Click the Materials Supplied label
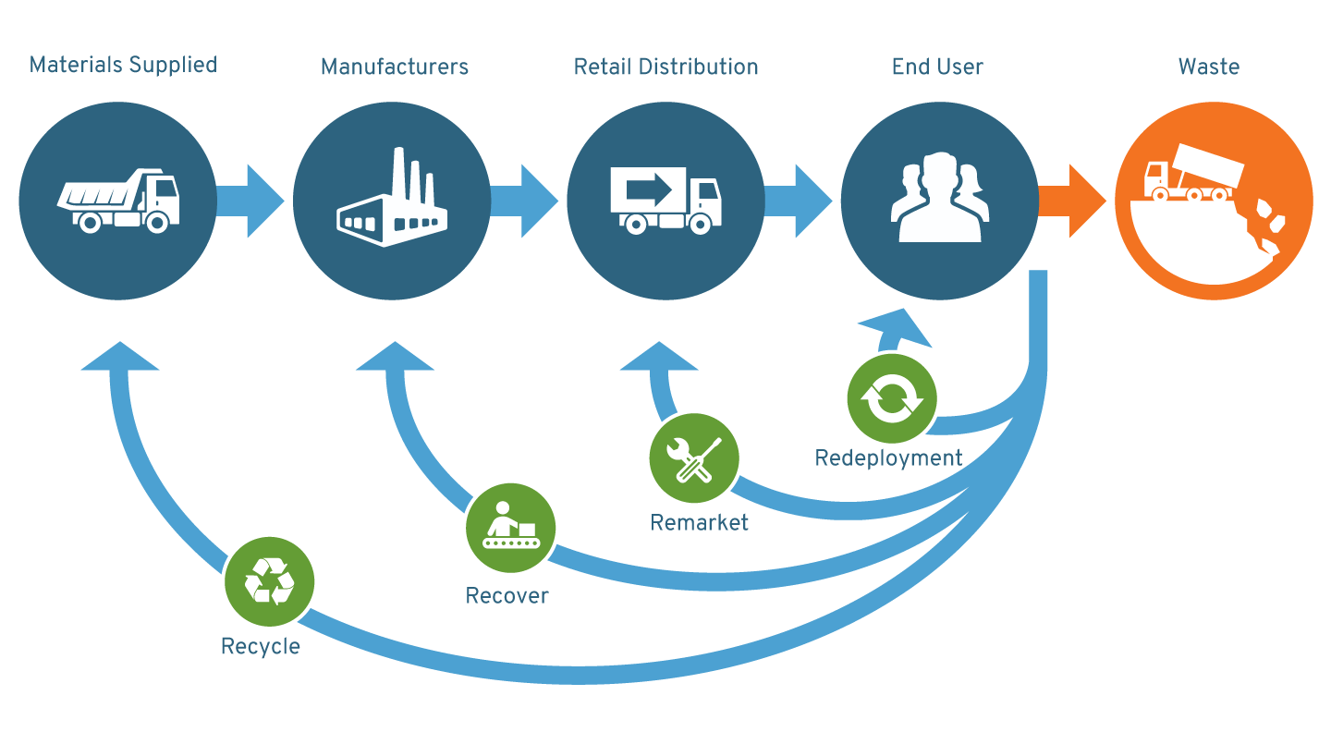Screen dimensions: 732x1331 pos(123,66)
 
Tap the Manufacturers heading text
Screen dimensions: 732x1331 pos(394,67)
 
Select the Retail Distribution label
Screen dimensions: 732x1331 pos(665,67)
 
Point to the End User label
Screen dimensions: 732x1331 pos(936,67)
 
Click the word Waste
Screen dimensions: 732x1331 pos(1208,67)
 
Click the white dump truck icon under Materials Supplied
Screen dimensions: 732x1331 pos(118,200)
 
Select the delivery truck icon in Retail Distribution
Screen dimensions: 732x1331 pos(665,200)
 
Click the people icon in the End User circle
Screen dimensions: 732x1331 pos(939,198)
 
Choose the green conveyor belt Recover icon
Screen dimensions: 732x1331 pos(510,528)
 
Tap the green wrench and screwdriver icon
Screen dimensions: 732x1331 pos(693,457)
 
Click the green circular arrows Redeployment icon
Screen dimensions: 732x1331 pos(891,398)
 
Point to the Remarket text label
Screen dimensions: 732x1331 pos(699,523)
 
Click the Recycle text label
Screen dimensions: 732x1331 pos(260,646)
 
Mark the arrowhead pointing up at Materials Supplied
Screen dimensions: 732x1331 pos(119,357)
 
